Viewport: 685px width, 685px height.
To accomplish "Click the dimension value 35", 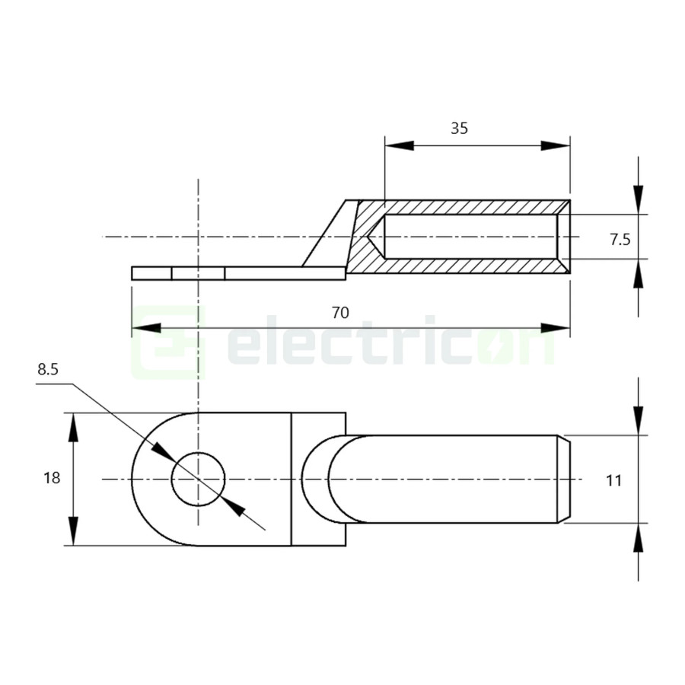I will click(x=459, y=128).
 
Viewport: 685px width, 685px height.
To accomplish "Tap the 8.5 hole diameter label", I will click(x=47, y=370).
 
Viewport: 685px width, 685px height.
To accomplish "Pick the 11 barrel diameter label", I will click(x=615, y=480).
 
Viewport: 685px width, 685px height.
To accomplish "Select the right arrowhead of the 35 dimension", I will click(x=556, y=145).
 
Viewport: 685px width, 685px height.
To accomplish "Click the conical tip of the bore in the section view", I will click(x=374, y=237).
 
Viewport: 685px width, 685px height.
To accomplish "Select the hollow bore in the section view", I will click(x=472, y=237).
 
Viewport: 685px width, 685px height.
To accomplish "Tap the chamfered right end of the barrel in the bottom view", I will click(x=565, y=479).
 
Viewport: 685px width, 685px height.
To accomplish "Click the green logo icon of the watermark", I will click(x=169, y=342).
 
